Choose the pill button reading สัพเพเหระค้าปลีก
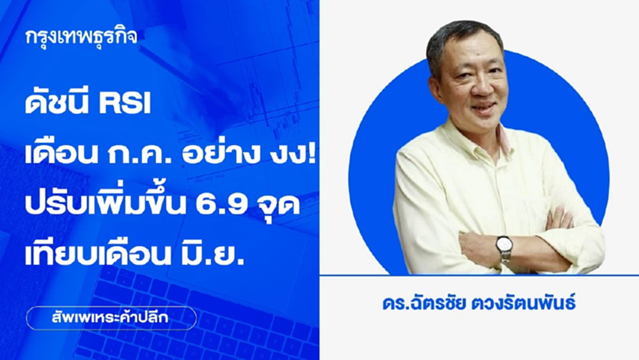pos(111,318)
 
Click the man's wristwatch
pos(504,246)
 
